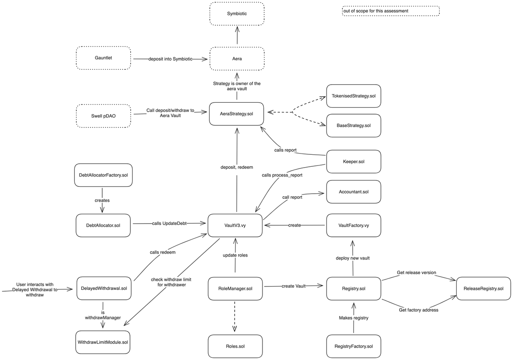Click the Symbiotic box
[236, 14]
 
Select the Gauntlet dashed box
[103, 58]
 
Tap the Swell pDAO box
[103, 116]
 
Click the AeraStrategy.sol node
[236, 113]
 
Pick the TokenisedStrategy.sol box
[353, 96]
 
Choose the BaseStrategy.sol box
[353, 125]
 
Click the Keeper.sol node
[353, 162]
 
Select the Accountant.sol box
[353, 192]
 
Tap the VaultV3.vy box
[235, 225]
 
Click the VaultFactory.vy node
[353, 225]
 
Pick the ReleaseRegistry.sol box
[483, 289]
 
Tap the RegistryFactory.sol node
[353, 346]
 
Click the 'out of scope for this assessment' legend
[391, 11]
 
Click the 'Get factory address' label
[418, 310]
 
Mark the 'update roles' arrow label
[235, 255]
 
